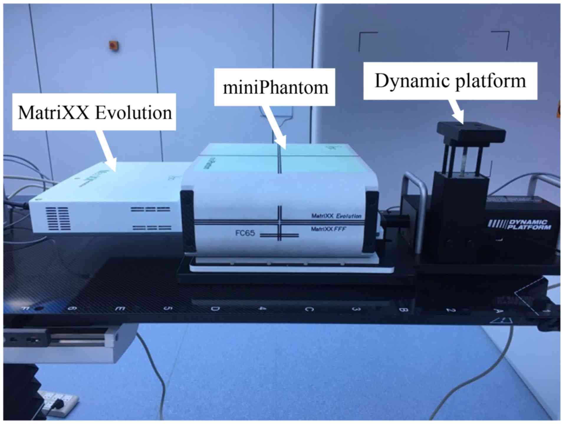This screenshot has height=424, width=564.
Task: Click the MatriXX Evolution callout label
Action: point(94,112)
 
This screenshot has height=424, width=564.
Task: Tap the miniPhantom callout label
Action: point(275,87)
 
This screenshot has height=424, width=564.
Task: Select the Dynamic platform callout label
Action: point(450,81)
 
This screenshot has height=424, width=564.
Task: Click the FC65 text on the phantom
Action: point(245,233)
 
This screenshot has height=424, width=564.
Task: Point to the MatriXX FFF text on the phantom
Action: point(328,229)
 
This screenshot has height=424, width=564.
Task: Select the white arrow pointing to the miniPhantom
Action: point(274,127)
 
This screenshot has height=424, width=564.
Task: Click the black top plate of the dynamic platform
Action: point(471,132)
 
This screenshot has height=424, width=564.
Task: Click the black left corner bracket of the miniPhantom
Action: point(188,221)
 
